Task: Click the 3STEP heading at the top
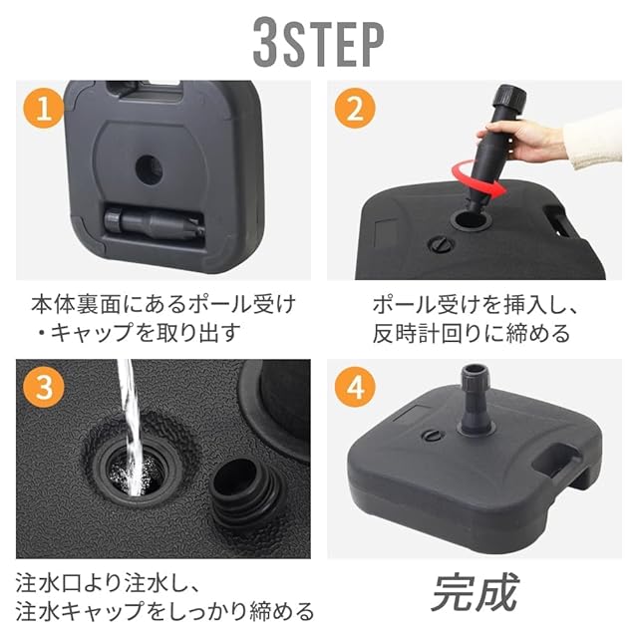pyautogui.click(x=319, y=42)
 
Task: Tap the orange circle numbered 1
pyautogui.click(x=44, y=108)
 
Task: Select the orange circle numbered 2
pyautogui.click(x=355, y=109)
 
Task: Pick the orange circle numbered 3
pyautogui.click(x=44, y=388)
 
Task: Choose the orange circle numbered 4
pyautogui.click(x=355, y=388)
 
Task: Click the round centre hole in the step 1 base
pyautogui.click(x=149, y=170)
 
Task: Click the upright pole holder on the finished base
pyautogui.click(x=475, y=400)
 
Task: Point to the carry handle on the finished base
pyautogui.click(x=558, y=459)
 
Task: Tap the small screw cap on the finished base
pyautogui.click(x=432, y=435)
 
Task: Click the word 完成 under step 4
pyautogui.click(x=475, y=592)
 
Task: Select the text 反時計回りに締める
pyautogui.click(x=471, y=334)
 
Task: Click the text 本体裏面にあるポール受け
pyautogui.click(x=163, y=304)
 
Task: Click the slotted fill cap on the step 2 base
pyautogui.click(x=441, y=244)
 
